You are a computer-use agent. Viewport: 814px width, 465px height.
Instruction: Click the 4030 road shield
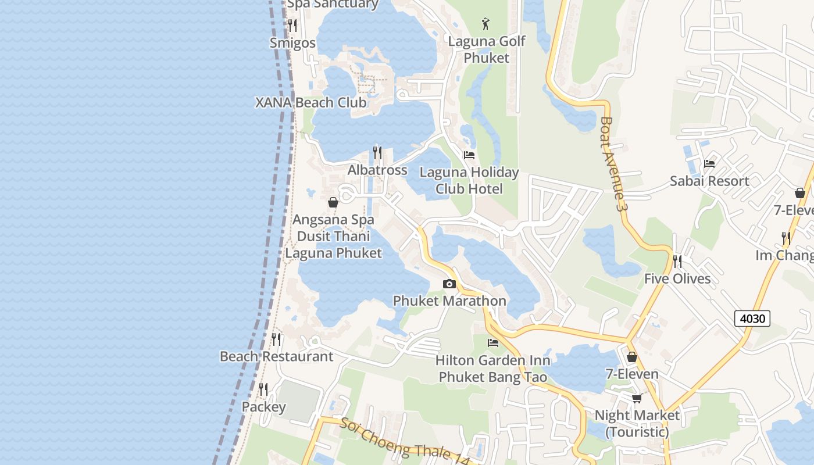752,318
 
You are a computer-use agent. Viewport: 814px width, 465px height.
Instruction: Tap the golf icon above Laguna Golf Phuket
486,24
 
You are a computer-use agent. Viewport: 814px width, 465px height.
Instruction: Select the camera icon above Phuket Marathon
449,284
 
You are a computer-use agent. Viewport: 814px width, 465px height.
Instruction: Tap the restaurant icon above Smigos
292,26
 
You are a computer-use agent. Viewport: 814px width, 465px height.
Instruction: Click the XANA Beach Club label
311,103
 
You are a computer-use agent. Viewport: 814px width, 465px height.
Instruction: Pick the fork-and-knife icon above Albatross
377,153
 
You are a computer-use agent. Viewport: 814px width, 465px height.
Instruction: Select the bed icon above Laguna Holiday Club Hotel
469,155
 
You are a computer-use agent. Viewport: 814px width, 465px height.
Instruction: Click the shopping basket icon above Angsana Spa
333,202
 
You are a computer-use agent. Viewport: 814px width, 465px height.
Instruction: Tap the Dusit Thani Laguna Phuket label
333,245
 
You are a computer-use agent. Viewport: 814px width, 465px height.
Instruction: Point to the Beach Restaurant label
276,356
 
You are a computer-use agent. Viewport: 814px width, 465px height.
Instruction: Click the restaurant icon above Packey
263,389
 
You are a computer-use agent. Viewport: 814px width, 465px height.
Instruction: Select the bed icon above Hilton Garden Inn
493,342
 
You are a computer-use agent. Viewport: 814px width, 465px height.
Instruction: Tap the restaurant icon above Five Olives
677,262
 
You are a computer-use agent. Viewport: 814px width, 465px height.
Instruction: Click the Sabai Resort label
709,181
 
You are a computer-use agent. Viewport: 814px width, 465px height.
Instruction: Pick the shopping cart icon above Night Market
637,398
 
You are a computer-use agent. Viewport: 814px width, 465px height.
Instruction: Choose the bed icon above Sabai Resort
709,164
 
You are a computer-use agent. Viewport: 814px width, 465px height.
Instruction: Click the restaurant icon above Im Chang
786,238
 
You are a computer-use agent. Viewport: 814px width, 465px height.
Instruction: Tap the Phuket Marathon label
449,301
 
